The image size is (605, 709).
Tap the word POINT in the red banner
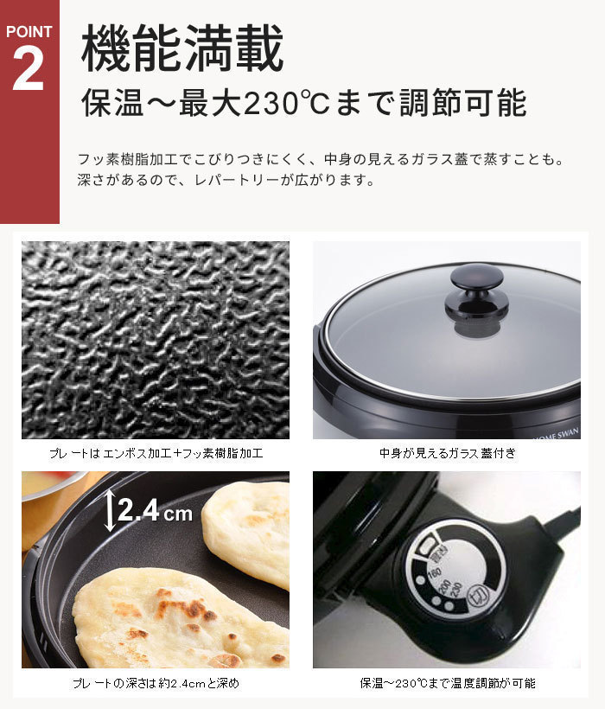(29, 32)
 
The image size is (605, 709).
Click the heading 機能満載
(182, 50)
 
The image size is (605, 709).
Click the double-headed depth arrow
(110, 510)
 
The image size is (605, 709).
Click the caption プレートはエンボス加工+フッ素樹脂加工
(156, 452)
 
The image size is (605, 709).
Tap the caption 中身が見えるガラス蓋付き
(447, 452)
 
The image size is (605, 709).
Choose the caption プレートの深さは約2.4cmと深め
(156, 683)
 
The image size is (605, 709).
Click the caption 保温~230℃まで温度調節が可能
(447, 683)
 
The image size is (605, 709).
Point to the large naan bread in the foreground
(173, 618)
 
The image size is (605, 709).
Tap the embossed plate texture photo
(156, 340)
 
